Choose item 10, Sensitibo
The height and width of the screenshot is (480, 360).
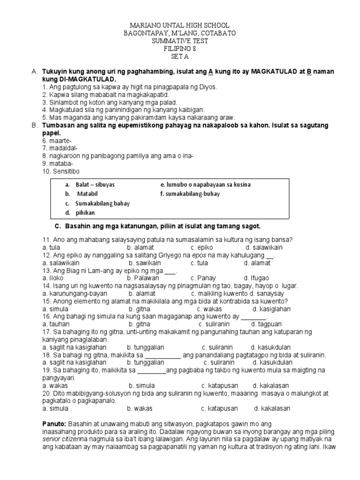[60, 171]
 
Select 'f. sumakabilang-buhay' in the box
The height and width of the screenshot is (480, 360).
[190, 194]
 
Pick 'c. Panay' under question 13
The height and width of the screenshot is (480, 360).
[203, 278]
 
